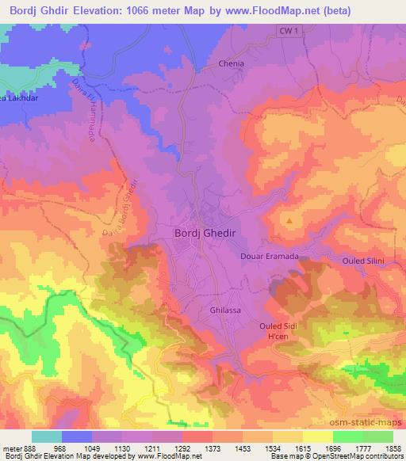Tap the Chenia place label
[x=231, y=63]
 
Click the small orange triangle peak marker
[x=291, y=221]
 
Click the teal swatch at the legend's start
[x=46, y=436]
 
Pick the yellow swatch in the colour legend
[x=317, y=436]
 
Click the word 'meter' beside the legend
[x=11, y=448]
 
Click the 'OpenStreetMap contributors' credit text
[x=358, y=457]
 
